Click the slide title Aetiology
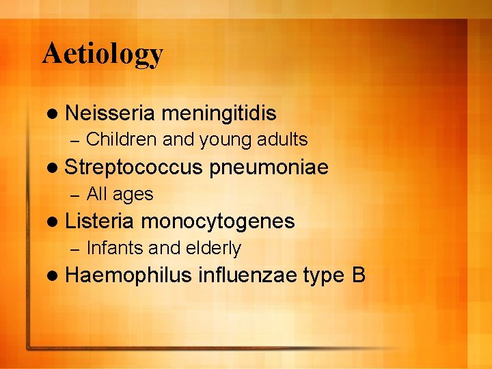pyautogui.click(x=102, y=53)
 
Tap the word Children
pyautogui.click(x=122, y=139)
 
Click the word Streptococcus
pyautogui.click(x=134, y=167)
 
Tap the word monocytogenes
pyautogui.click(x=218, y=221)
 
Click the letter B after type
pyautogui.click(x=359, y=275)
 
